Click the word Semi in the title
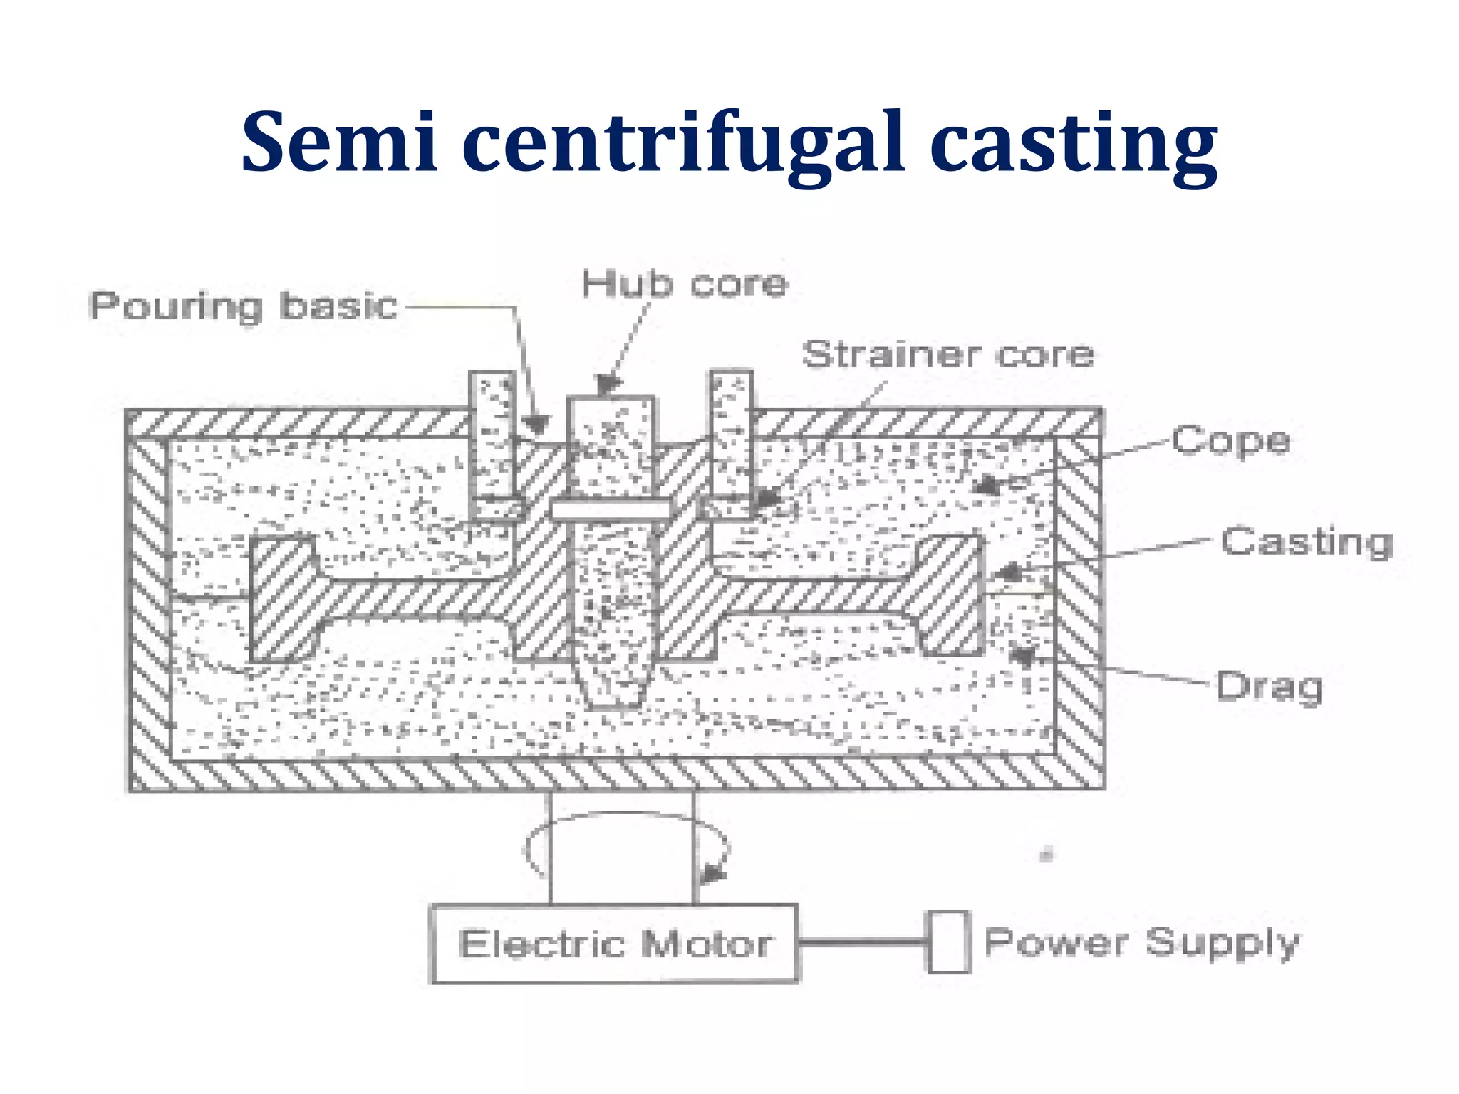339,142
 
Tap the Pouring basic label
243,306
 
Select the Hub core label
685,283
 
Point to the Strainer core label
947,354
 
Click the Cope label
1231,441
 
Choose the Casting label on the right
1307,542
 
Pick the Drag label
1269,687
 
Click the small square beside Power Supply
948,942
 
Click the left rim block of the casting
282,598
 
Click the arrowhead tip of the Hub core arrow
606,389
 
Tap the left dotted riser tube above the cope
492,434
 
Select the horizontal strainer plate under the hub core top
611,509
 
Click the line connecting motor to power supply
861,942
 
